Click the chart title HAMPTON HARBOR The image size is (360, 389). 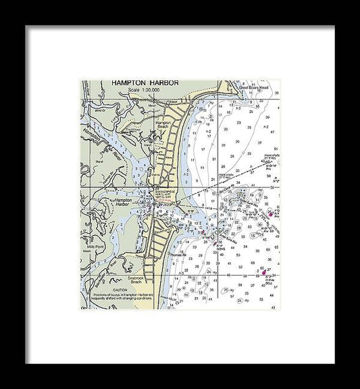pyautogui.click(x=145, y=82)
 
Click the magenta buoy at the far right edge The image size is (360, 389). pyautogui.click(x=270, y=215)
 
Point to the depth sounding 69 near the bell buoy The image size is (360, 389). pyautogui.click(x=257, y=276)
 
